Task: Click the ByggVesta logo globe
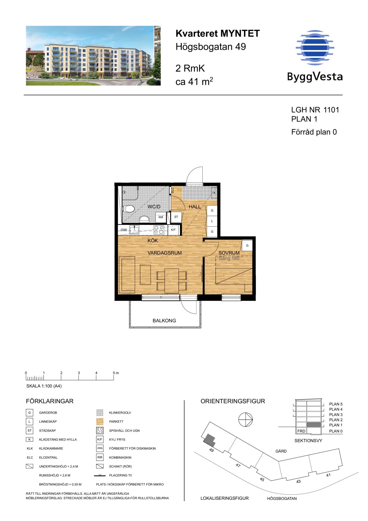[315, 47]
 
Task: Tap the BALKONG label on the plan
[164, 321]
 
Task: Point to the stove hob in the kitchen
[159, 230]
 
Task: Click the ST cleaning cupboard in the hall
[176, 217]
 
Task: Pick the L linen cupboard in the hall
[212, 221]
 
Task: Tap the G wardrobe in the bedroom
[247, 246]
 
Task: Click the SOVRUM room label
[229, 253]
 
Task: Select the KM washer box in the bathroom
[161, 217]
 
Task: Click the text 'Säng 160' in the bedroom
[229, 258]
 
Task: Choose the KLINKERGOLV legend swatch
[100, 413]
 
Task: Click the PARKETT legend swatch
[100, 421]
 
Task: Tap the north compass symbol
[246, 420]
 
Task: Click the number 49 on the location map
[211, 450]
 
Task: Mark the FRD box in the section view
[301, 431]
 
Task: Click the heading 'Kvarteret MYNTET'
[218, 34]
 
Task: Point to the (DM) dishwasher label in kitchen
[124, 230]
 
